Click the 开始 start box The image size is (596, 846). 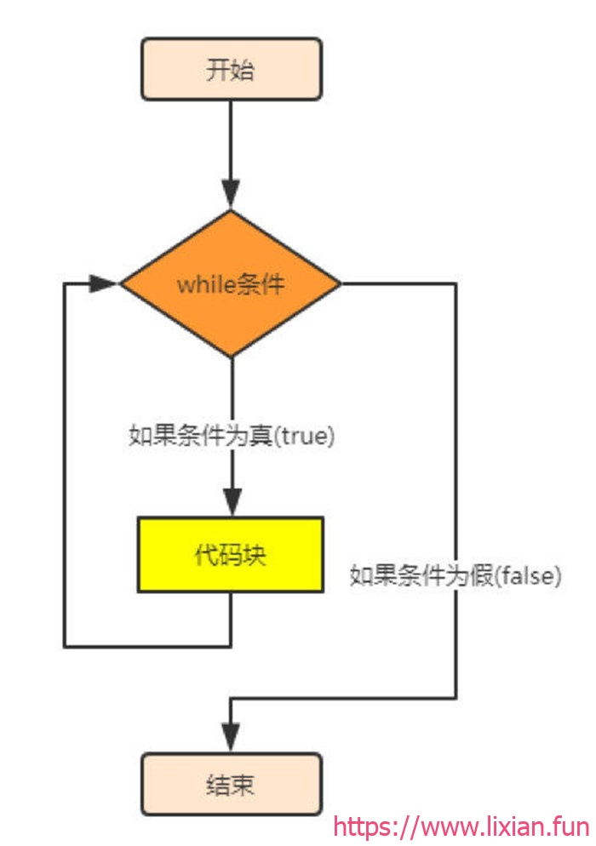[x=232, y=69]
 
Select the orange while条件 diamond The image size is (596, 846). [x=231, y=283]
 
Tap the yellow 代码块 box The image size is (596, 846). [x=231, y=555]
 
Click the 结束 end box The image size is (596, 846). [x=232, y=784]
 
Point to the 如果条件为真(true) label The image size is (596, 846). [x=232, y=436]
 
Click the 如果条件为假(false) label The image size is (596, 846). [x=456, y=575]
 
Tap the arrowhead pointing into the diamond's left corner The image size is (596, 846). [x=102, y=283]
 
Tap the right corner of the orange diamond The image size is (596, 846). [x=341, y=283]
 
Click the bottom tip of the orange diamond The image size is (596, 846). [x=232, y=357]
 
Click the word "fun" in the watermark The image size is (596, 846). [x=572, y=826]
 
